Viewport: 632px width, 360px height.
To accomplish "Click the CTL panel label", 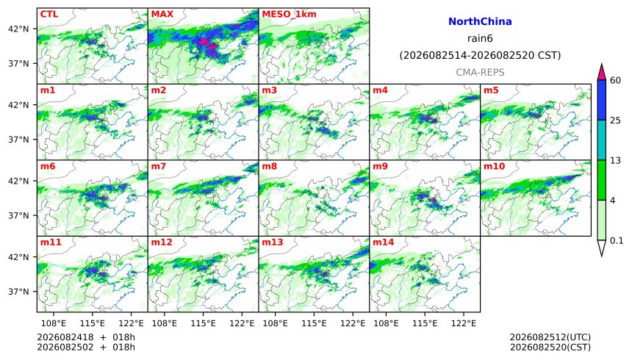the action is pos(49,14).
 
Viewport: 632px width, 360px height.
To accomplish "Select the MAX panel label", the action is pos(162,14).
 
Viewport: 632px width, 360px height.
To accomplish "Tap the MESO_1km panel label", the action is pos(289,15).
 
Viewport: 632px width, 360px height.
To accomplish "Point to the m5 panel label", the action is pos(491,90).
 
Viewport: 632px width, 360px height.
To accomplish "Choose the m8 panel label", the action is pos(270,166).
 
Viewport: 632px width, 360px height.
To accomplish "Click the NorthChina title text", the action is pos(480,22).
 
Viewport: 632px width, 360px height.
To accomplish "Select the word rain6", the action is pos(480,39).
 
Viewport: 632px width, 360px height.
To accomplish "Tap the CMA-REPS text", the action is pos(480,73).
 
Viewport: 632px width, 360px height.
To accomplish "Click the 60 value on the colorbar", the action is pos(616,81).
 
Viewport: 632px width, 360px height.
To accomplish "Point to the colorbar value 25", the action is pos(616,120).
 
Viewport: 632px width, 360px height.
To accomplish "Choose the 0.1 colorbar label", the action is pos(617,241).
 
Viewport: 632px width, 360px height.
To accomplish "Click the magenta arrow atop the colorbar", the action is pos(602,73).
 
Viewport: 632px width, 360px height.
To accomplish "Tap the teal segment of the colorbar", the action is pos(602,140).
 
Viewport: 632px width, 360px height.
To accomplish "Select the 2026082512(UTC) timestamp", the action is pos(550,337).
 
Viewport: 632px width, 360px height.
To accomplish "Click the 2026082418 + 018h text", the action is pos(86,337).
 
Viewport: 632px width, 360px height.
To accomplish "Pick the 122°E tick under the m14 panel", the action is pos(463,323).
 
